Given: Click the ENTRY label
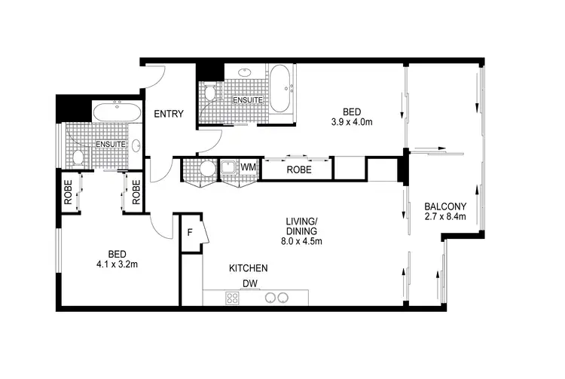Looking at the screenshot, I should tap(169, 114).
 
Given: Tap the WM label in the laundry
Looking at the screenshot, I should tap(248, 167).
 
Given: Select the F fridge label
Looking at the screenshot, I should tap(191, 232).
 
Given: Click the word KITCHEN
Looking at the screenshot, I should tap(249, 268).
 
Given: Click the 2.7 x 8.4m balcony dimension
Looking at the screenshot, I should tap(445, 216).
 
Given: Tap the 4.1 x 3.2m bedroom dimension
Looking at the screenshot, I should tap(116, 264).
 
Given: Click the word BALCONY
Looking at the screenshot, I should tap(445, 206).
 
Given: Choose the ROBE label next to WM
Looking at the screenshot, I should tap(298, 170).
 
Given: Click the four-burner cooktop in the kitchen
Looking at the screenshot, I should tap(233, 298).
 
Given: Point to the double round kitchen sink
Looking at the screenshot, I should tap(275, 298).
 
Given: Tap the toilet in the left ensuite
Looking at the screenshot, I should tap(77, 157).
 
